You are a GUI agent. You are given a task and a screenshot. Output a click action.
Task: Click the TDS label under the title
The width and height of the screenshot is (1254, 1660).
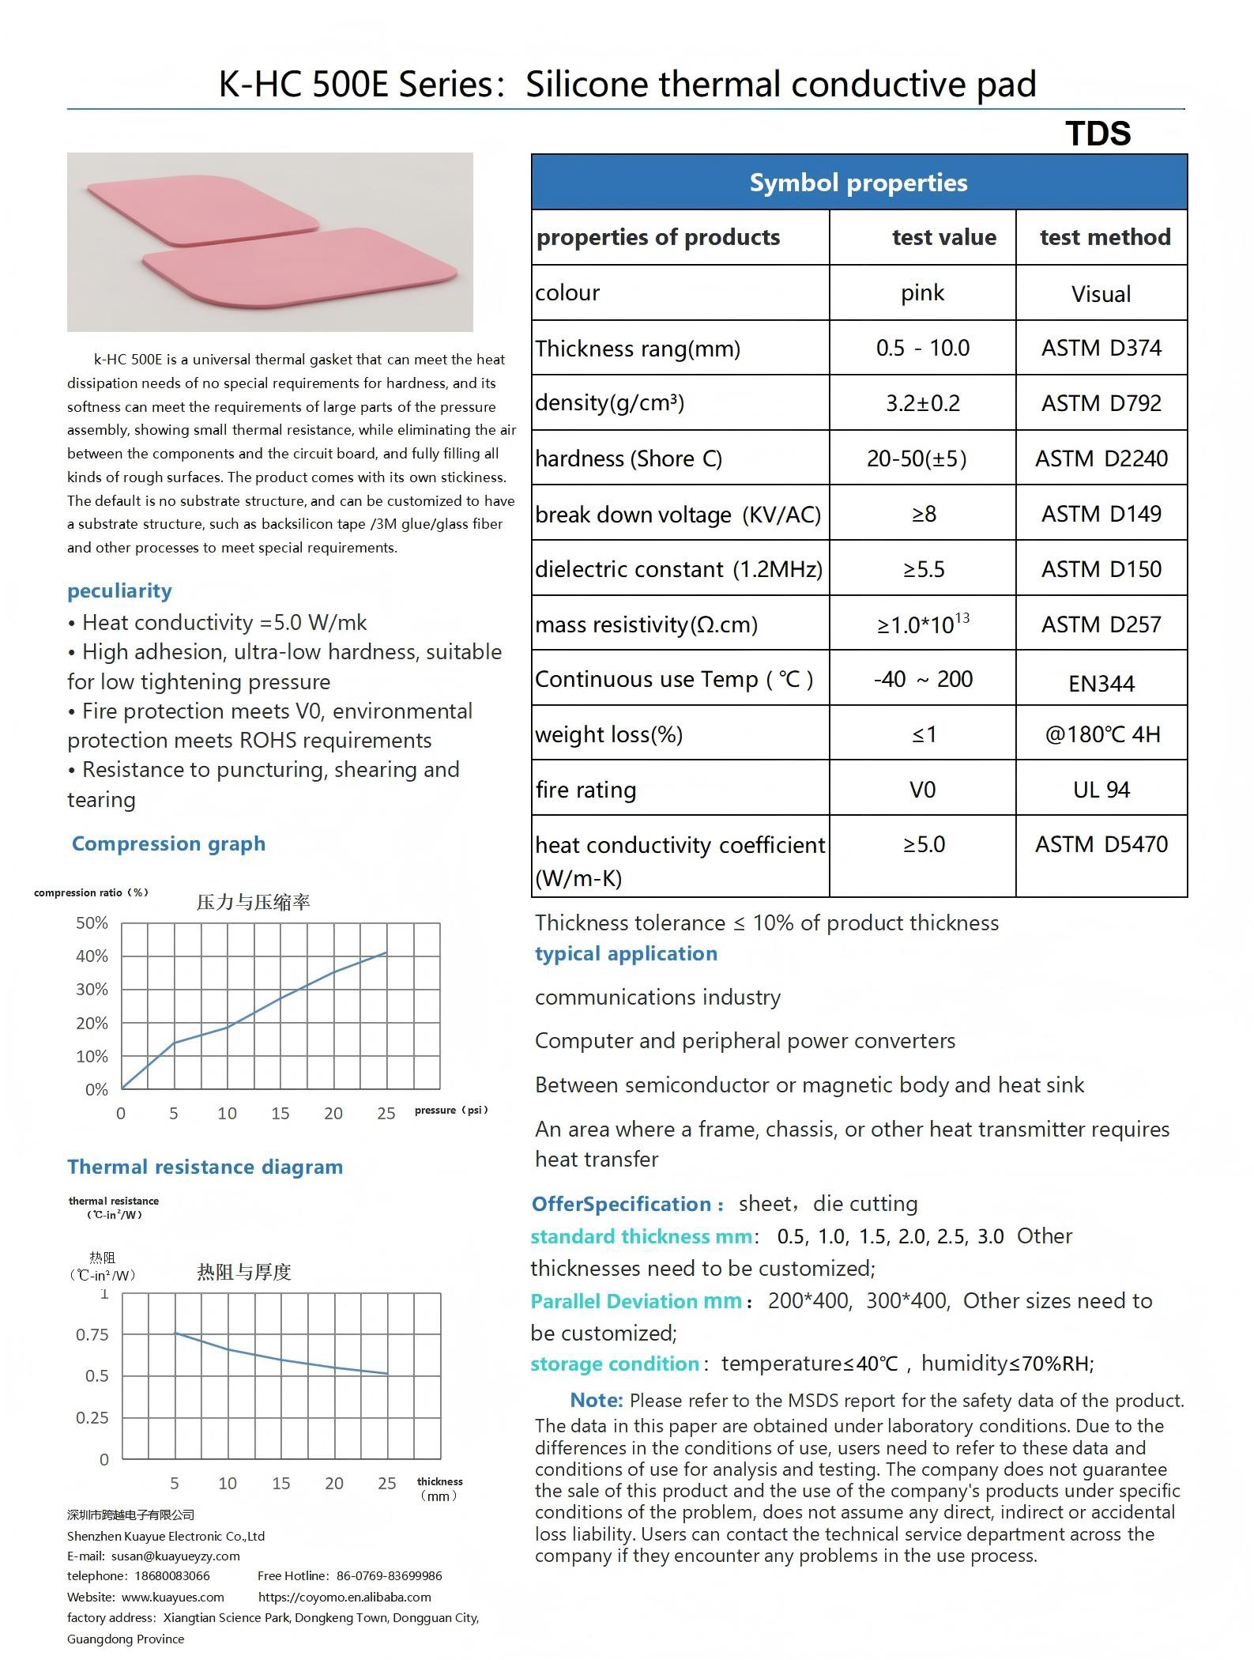click(1098, 134)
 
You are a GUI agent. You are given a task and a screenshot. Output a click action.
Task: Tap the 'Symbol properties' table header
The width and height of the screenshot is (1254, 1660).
click(858, 183)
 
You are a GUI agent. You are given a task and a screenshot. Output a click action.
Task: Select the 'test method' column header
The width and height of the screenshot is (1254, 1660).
click(1104, 237)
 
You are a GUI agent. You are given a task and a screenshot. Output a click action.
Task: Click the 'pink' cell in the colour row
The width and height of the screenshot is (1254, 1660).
click(922, 293)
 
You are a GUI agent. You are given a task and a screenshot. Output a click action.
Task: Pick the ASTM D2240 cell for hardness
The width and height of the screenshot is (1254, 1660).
click(1101, 458)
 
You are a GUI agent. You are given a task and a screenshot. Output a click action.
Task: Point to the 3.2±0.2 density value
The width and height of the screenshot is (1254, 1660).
click(922, 403)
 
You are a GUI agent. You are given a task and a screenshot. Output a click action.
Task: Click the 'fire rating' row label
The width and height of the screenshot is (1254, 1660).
click(586, 790)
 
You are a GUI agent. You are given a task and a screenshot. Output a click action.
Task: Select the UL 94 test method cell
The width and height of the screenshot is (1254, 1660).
click(1101, 790)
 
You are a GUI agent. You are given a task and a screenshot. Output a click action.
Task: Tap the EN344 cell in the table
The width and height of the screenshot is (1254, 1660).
click(1101, 684)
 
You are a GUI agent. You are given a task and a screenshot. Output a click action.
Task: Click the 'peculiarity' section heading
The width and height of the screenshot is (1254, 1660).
click(119, 591)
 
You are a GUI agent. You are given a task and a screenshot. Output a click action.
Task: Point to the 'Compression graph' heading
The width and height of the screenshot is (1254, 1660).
click(168, 844)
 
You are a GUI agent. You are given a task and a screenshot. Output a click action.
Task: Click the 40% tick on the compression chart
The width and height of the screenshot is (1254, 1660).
click(92, 956)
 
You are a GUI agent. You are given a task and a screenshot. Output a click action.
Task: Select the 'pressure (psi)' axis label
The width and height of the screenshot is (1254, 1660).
click(451, 1111)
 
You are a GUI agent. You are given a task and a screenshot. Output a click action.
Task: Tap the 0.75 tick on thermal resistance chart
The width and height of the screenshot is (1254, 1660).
click(92, 1335)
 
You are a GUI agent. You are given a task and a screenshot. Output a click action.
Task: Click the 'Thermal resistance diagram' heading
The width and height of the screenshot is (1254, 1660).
click(205, 1168)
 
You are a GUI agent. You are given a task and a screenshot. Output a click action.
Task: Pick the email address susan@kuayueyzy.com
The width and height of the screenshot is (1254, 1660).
click(175, 1556)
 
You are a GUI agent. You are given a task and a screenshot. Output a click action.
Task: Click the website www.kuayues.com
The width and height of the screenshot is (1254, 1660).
click(173, 1598)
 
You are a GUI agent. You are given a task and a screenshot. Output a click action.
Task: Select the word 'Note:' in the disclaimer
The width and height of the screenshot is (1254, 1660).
click(597, 1401)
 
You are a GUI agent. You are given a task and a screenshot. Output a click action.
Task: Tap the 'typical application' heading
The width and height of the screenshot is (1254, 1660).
click(626, 954)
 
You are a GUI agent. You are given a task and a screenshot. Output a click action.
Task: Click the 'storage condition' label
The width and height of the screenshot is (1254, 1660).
click(615, 1364)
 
